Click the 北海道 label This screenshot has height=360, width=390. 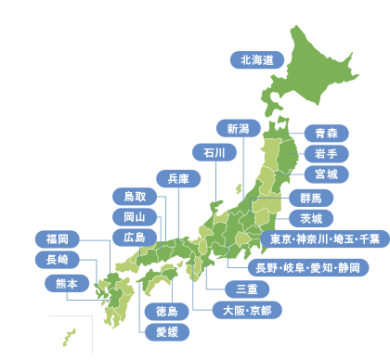(257, 60)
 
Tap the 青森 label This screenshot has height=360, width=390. (326, 133)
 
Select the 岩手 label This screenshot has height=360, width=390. (326, 153)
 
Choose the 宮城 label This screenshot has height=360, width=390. (326, 174)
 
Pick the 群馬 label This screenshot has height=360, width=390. (311, 198)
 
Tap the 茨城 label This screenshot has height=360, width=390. (311, 218)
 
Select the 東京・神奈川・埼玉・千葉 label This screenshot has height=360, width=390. (324, 239)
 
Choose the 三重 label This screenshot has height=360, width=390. (247, 289)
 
